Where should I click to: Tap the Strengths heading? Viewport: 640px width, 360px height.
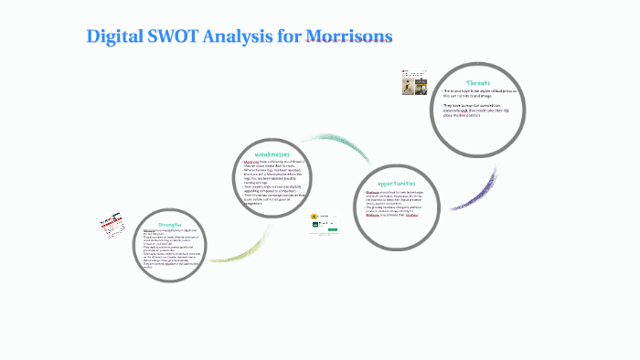170,224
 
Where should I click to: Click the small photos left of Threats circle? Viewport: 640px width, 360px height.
411,88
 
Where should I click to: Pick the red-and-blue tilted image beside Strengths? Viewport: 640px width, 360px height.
112,228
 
